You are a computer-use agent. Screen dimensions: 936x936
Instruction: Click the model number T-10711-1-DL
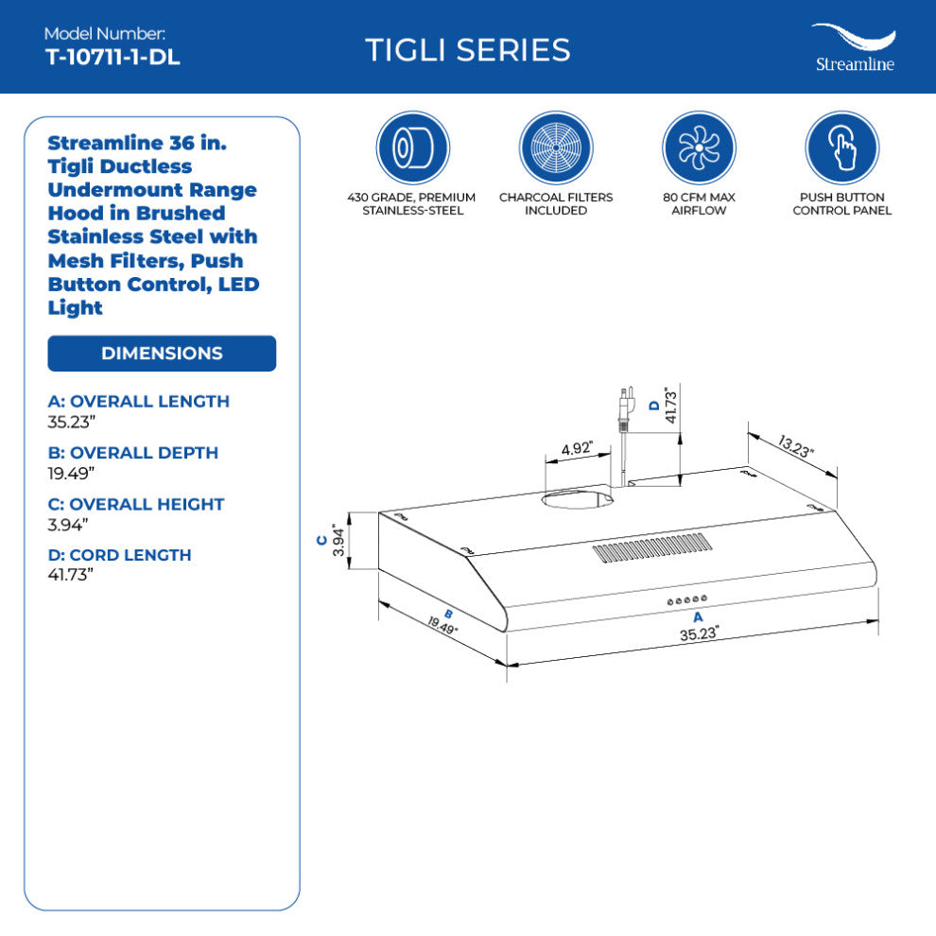click(113, 58)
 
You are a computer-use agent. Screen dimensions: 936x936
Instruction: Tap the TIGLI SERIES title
click(467, 50)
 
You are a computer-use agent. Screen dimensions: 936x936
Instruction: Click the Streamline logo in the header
click(855, 48)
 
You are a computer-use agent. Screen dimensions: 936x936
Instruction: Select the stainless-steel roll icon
click(412, 147)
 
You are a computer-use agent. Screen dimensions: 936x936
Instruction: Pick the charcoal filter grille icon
click(556, 147)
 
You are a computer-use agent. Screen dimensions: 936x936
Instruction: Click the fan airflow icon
click(699, 147)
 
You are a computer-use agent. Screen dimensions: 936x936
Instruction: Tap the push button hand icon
click(842, 147)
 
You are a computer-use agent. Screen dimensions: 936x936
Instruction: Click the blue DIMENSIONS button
click(162, 354)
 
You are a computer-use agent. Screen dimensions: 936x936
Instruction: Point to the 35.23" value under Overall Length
click(72, 422)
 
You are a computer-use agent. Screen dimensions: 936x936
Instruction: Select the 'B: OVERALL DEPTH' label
click(133, 453)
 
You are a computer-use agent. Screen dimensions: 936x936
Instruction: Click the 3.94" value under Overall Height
click(68, 525)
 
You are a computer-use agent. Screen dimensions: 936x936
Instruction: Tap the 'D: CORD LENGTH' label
click(119, 555)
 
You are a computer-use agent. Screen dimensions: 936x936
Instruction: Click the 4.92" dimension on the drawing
click(577, 448)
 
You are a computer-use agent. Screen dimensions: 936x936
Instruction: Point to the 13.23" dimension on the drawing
click(795, 446)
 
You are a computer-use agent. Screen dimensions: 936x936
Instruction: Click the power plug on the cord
click(625, 407)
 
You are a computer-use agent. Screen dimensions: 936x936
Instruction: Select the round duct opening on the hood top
click(577, 499)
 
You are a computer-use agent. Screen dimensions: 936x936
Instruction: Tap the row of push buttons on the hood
click(687, 600)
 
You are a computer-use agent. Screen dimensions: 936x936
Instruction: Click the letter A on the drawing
click(698, 617)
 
